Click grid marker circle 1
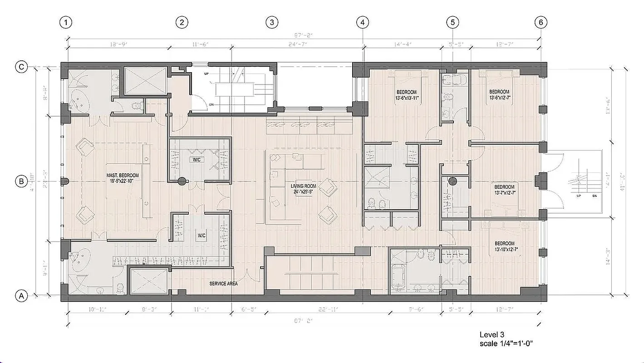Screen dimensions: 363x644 point(67,22)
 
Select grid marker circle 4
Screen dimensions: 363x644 point(362,22)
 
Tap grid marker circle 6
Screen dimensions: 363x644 point(541,22)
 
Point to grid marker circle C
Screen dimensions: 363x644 point(21,67)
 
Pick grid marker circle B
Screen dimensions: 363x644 point(21,181)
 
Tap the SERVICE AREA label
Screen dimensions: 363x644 point(223,284)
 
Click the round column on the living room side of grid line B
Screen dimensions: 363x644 point(182,181)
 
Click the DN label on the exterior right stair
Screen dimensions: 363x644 point(595,196)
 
